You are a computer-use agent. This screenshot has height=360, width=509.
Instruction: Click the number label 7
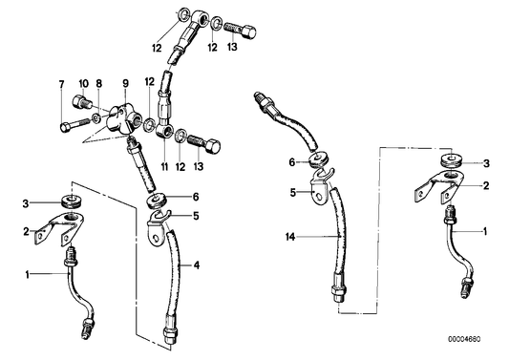[x=62, y=84]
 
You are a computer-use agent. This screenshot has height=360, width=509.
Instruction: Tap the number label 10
[x=83, y=83]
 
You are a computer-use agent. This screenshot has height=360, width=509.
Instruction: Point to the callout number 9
[x=125, y=83]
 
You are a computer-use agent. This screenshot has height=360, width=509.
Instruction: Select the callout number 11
[x=164, y=166]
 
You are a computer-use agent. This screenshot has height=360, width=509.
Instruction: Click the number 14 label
[x=290, y=238]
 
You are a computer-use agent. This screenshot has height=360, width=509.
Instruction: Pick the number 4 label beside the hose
[x=197, y=265]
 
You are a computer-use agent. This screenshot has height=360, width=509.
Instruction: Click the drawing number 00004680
[x=464, y=339]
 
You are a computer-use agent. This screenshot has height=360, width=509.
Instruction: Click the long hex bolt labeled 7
[x=74, y=125]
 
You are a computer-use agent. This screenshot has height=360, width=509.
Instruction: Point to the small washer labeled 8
[x=96, y=118]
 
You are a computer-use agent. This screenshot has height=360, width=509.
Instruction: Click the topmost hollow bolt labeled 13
[x=240, y=31]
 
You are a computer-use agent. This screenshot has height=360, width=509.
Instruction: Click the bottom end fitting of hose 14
[x=340, y=287]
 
